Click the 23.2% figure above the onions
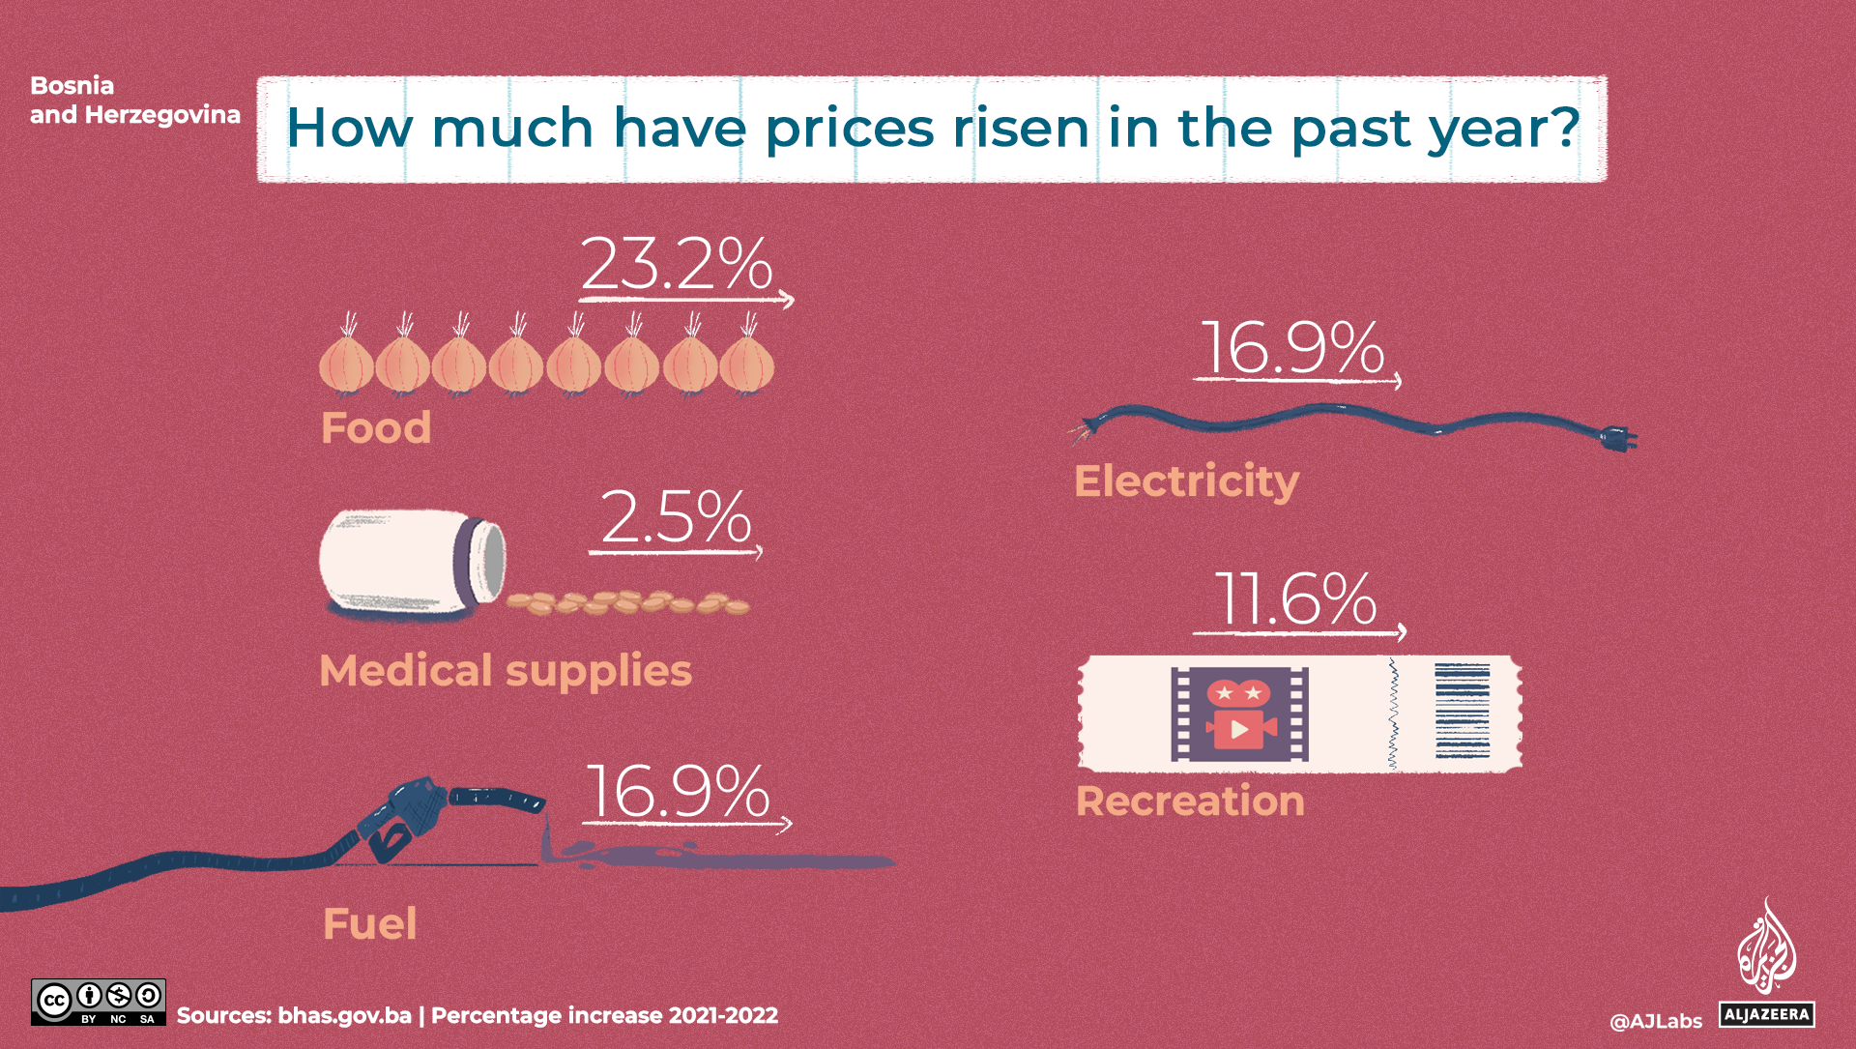click(x=677, y=263)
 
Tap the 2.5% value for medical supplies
click(x=676, y=517)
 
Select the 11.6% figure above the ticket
click(x=1295, y=598)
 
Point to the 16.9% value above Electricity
click(x=1292, y=347)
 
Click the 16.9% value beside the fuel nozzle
click(x=678, y=792)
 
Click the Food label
click(x=376, y=427)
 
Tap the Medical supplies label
click(x=506, y=670)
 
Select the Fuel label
click(x=370, y=923)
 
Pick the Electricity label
click(x=1186, y=481)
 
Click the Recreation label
click(x=1190, y=801)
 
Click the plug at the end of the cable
click(x=1617, y=438)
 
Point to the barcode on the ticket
click(x=1462, y=711)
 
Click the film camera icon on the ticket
click(x=1239, y=714)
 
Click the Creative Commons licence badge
click(x=98, y=1002)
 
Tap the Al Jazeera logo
click(x=1766, y=962)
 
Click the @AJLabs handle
click(x=1655, y=1021)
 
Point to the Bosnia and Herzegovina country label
click(x=134, y=100)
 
